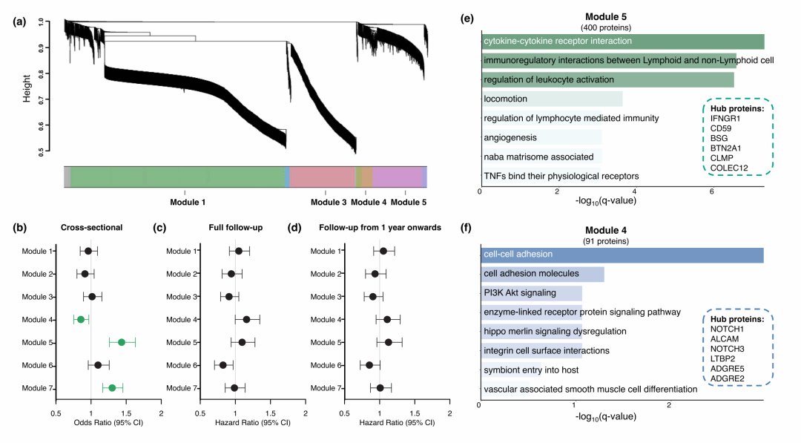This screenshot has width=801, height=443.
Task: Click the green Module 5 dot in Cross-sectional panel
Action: point(122,342)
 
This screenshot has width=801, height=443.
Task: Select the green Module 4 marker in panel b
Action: point(80,319)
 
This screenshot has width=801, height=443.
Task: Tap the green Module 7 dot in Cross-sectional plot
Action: point(112,387)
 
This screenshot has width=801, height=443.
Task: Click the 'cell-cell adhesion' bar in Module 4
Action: point(622,255)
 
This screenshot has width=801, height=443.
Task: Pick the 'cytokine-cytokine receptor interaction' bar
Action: point(622,42)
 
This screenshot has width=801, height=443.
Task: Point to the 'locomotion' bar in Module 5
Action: point(551,99)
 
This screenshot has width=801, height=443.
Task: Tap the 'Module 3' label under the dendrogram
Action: point(329,202)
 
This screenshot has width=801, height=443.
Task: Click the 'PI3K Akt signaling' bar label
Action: point(519,292)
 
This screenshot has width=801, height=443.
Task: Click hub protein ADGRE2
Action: point(728,378)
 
